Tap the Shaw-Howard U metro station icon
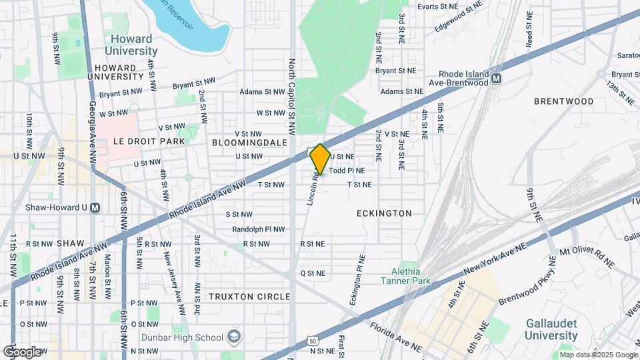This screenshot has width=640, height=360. tap(95, 207)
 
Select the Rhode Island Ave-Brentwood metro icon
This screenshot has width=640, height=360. tap(496, 79)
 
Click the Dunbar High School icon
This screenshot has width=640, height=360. tap(234, 336)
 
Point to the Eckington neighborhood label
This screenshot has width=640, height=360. tap(384, 213)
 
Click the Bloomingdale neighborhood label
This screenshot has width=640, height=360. tap(249, 143)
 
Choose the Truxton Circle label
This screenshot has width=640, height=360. tap(249, 296)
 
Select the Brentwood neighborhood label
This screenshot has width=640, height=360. tap(563, 101)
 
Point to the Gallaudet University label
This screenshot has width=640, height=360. tap(551, 331)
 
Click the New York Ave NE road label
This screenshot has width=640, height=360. tap(495, 260)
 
